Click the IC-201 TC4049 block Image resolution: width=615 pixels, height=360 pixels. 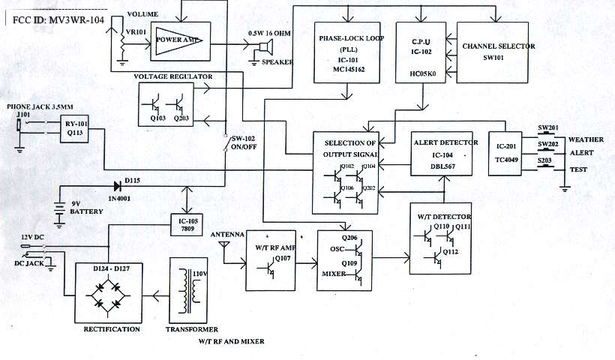pos(503,154)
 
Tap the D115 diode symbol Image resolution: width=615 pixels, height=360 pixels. pos(116,186)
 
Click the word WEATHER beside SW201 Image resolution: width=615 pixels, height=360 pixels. pos(586,140)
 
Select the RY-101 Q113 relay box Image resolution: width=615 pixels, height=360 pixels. pos(76,129)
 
